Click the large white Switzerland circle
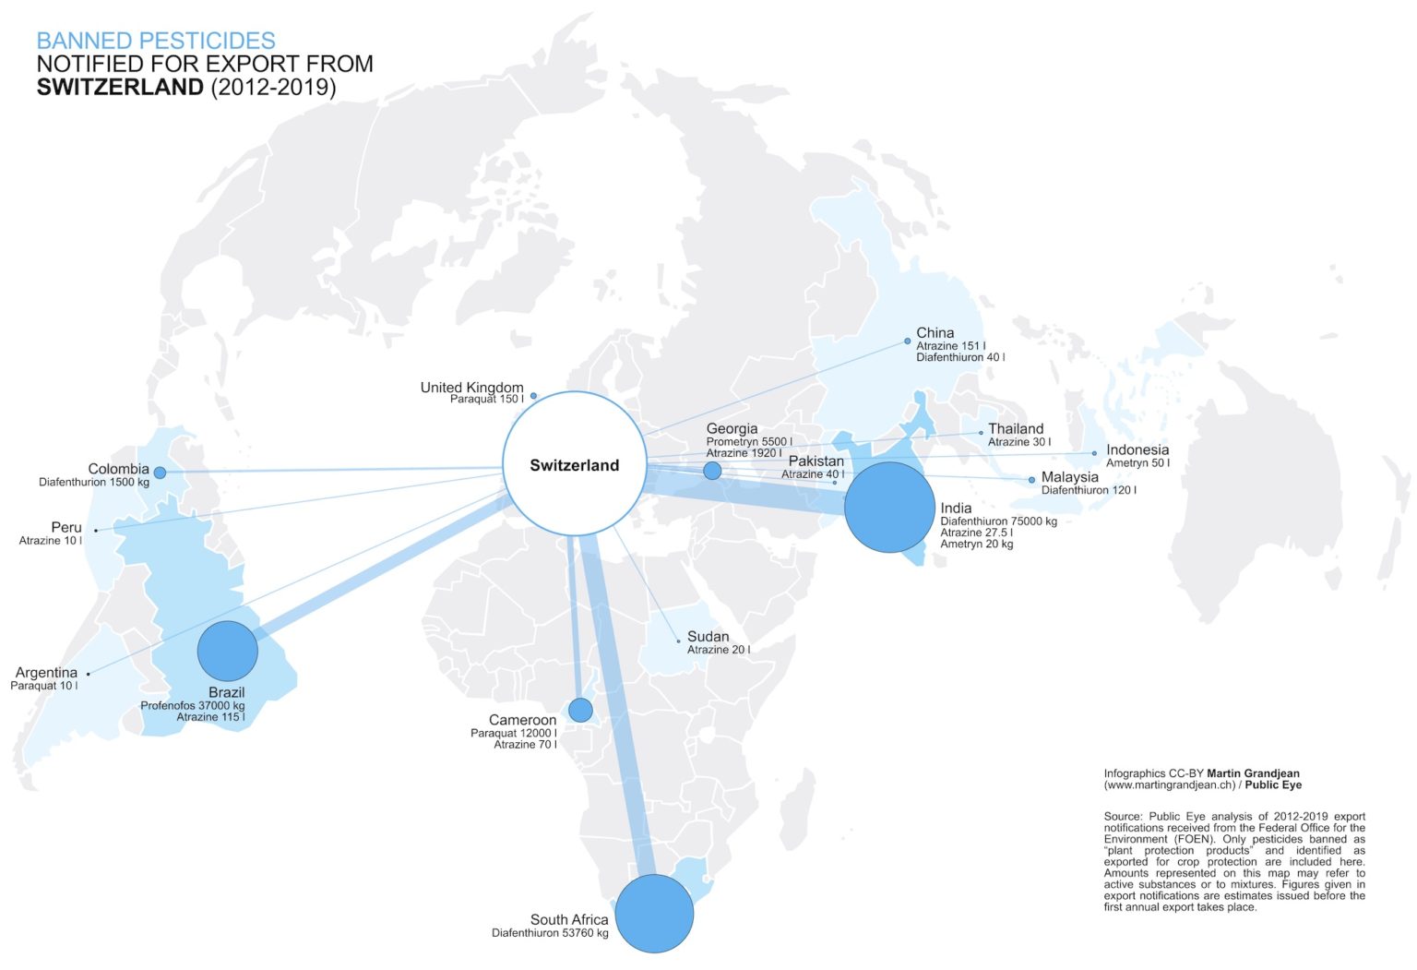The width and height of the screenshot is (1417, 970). pos(574,464)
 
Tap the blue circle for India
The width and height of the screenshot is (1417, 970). pos(889,508)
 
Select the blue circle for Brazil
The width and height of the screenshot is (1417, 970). pos(227,651)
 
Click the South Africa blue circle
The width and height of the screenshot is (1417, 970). pos(654,913)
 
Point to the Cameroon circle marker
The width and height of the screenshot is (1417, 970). pos(580,710)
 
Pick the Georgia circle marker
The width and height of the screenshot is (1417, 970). pos(712,471)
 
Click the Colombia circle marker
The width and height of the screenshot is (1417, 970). pos(160,473)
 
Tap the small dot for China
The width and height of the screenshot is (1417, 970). pos(908,341)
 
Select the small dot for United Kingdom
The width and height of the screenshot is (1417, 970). pos(533,396)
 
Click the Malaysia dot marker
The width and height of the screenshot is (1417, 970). pos(1031,480)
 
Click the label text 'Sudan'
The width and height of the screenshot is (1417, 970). pos(708,637)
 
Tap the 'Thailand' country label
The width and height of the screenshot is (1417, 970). pos(1016,429)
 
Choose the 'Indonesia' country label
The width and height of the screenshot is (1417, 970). pos(1137,450)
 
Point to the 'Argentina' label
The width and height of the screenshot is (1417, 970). pos(46,673)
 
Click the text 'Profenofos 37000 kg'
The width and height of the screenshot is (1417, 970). pos(192,706)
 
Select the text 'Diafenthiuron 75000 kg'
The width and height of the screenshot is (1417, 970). pos(998,521)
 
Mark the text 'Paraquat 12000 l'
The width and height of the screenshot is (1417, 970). pos(513,733)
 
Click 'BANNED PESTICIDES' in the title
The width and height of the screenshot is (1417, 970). pos(156,41)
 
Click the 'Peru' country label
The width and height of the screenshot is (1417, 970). pos(66,528)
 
